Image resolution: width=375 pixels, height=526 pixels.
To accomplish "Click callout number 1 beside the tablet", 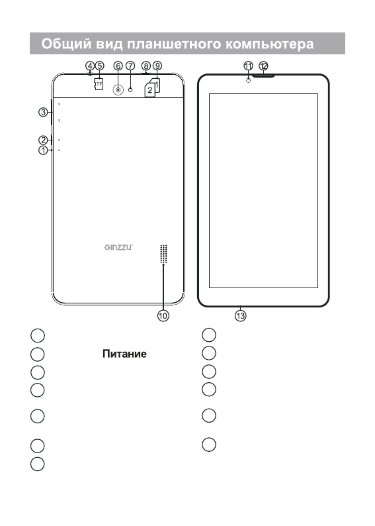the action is click(43, 150).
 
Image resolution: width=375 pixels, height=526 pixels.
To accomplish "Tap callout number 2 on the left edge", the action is click(43, 140).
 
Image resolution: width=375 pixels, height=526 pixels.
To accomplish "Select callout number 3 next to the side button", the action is click(43, 112).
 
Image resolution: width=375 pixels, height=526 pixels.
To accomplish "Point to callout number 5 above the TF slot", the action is click(100, 66).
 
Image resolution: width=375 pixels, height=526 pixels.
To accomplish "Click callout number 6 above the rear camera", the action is click(118, 66).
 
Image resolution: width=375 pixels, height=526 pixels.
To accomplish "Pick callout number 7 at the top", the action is click(130, 66).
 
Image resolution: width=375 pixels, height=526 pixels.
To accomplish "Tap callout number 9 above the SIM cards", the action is click(157, 66).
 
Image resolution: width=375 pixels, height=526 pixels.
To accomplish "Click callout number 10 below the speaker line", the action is click(163, 316).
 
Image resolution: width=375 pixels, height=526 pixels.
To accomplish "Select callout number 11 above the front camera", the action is click(248, 66).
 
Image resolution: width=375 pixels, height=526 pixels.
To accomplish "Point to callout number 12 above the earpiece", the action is click(263, 66).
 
